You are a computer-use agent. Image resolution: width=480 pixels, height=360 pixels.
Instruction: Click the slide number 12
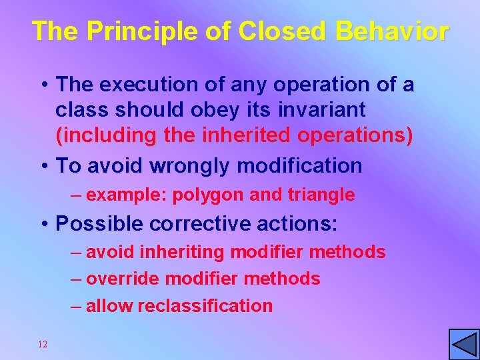tap(43, 344)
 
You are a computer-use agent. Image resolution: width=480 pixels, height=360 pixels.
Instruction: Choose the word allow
tap(107, 306)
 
